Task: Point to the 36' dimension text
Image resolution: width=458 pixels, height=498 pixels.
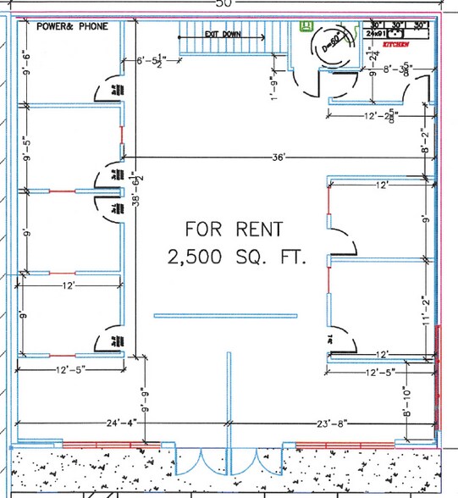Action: pyautogui.click(x=279, y=158)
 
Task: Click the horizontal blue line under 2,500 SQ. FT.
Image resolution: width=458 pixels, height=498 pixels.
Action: pyautogui.click(x=225, y=316)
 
